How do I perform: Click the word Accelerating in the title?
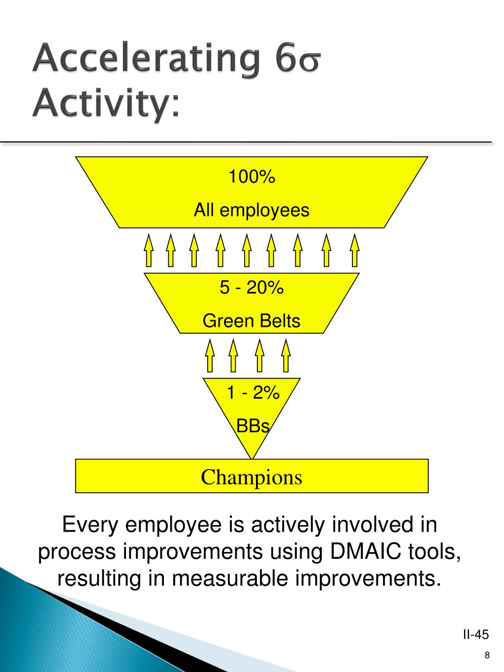point(146,60)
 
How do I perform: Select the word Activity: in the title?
point(106,103)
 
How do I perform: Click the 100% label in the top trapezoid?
point(251,176)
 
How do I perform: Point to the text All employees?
point(251,210)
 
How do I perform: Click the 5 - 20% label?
point(252,288)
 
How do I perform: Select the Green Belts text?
point(251,321)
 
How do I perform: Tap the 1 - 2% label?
point(252,393)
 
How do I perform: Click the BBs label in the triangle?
point(253,426)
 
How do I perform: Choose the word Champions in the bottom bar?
point(252,477)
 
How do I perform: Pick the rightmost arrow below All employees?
point(354,251)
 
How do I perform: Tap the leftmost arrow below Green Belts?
point(210,355)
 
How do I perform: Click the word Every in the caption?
point(91,525)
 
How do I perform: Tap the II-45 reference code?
point(475,634)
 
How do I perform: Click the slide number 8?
point(487,655)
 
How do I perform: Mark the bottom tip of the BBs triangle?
point(252,458)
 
